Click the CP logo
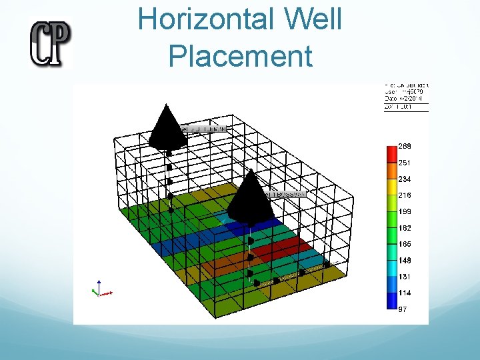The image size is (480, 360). pos(50,43)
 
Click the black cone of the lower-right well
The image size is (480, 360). pos(251,197)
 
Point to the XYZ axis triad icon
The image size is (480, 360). pos(100,289)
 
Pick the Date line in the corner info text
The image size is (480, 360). pos(406,99)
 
